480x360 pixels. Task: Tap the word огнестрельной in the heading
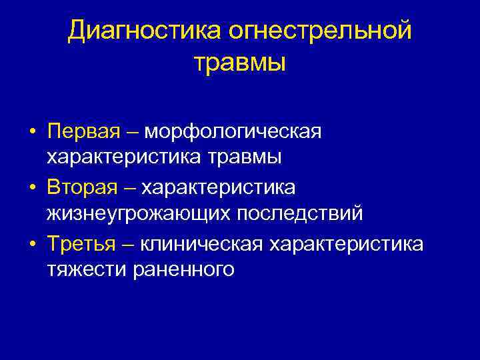tap(320, 31)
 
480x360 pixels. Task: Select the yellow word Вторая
tap(84, 187)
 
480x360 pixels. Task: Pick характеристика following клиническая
tap(346, 244)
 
